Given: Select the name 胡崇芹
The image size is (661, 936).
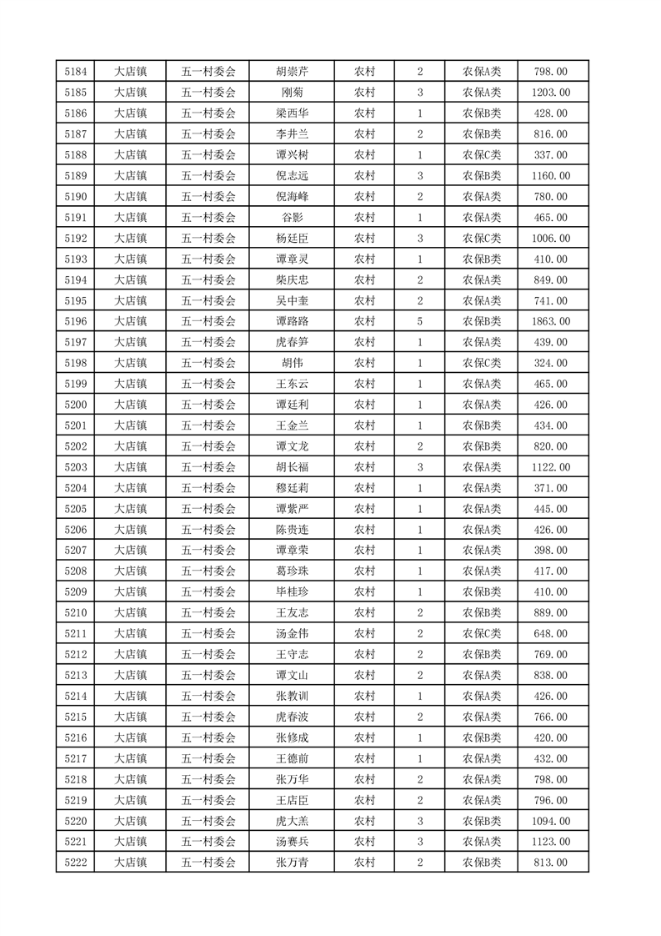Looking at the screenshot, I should tap(292, 72).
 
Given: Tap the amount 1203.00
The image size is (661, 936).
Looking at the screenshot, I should tap(550, 93).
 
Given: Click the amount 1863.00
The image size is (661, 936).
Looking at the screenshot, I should tap(550, 321).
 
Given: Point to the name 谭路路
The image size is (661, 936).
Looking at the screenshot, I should tap(292, 321).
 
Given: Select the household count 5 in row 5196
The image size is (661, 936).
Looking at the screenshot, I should tap(420, 321).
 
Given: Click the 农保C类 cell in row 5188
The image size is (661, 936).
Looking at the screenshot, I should tap(482, 155).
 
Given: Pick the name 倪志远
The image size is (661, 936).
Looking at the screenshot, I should tap(292, 176).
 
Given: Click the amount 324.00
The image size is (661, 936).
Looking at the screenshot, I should tap(550, 363).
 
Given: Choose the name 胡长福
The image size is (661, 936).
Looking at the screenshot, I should tap(292, 467).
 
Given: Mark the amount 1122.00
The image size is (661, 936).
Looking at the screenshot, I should tap(550, 467).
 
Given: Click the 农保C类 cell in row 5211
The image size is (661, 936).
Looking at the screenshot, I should tap(482, 633).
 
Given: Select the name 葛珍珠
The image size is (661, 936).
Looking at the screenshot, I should tap(292, 571).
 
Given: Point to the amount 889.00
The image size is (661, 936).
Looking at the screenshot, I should tap(550, 612).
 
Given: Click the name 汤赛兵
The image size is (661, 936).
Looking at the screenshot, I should tap(292, 841).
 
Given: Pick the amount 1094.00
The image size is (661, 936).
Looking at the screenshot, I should tap(550, 820).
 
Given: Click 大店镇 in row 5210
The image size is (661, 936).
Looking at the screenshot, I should tap(130, 612).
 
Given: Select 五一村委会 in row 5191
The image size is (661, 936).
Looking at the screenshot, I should tap(208, 218).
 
